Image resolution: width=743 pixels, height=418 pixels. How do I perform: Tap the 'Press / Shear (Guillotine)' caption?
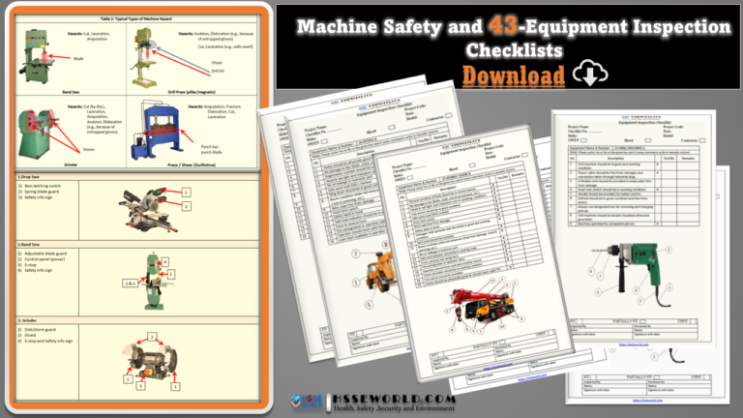click(185, 164)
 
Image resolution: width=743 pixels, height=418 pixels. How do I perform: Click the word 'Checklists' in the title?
click(509, 50)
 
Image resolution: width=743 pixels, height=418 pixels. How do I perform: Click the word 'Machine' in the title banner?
click(343, 29)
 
